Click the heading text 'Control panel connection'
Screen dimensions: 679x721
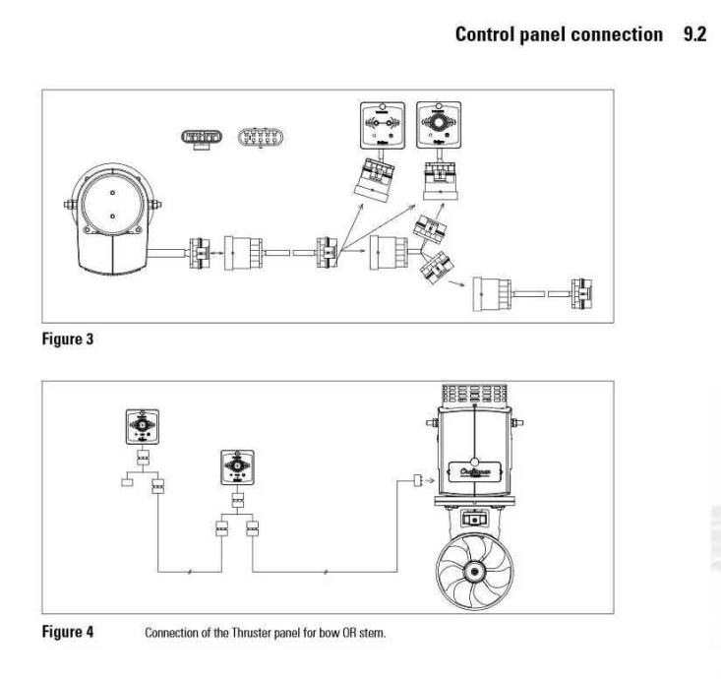coord(559,35)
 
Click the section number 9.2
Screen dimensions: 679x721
coord(694,35)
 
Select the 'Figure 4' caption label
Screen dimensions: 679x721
coord(67,632)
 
